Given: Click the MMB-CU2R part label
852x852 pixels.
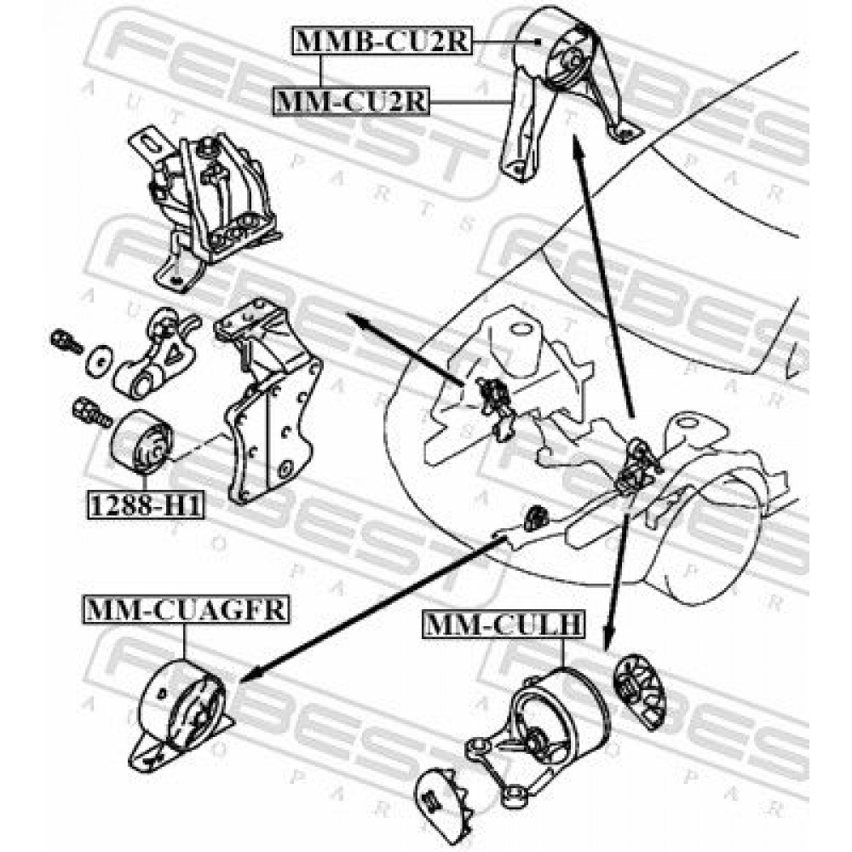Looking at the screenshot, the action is click(383, 41).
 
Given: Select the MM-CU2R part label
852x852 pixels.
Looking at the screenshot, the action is click(351, 101).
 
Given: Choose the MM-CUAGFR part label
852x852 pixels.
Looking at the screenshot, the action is click(186, 610).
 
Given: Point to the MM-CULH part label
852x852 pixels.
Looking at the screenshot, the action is click(504, 625).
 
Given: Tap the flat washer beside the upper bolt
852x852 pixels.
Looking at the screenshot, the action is click(98, 360).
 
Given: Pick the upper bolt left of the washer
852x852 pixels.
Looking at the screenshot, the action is click(66, 342).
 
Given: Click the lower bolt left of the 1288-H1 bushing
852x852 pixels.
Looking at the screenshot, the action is click(90, 412).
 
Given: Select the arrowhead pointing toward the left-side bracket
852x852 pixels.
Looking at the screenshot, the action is click(356, 319).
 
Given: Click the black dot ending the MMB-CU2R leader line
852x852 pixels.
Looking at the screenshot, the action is click(537, 41).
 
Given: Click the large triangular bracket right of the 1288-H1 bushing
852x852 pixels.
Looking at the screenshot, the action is click(269, 400).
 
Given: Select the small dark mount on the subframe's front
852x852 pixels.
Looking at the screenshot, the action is click(536, 517).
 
